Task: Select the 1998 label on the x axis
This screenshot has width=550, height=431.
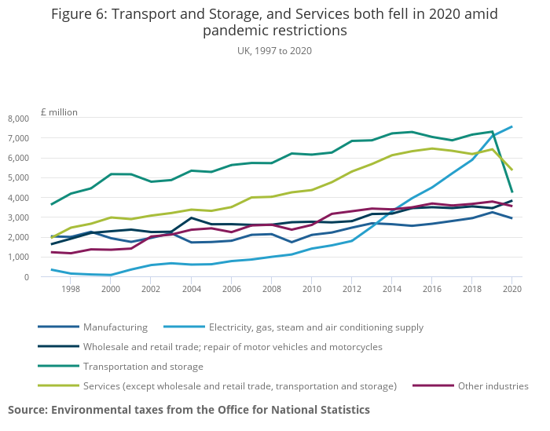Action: pyautogui.click(x=71, y=289)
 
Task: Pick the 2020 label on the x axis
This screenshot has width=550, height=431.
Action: pyautogui.click(x=511, y=289)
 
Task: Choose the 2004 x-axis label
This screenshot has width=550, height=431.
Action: pyautogui.click(x=191, y=289)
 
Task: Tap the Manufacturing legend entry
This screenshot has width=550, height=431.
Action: pyautogui.click(x=115, y=327)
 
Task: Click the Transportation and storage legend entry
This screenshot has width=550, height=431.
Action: pyautogui.click(x=143, y=367)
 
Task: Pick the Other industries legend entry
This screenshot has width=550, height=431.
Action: pyautogui.click(x=493, y=385)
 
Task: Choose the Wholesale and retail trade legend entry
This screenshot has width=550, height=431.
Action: pyautogui.click(x=233, y=347)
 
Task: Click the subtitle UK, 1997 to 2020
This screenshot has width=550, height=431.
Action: pyautogui.click(x=274, y=50)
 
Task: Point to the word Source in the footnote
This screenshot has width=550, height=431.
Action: pyautogui.click(x=27, y=410)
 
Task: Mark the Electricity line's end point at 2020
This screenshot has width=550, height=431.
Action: pyautogui.click(x=511, y=126)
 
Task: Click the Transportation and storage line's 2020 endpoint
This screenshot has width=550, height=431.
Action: pyautogui.click(x=511, y=192)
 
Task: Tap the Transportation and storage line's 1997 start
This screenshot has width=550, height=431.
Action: pyautogui.click(x=52, y=205)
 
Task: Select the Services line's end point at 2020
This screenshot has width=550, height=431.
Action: pyautogui.click(x=511, y=170)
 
